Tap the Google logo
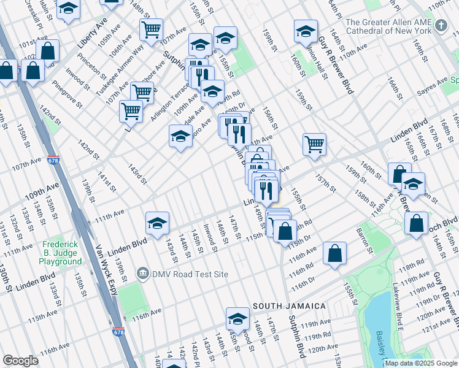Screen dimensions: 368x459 (20, 361)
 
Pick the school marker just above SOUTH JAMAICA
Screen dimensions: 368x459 (237, 318)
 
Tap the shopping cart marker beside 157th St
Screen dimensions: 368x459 (314, 144)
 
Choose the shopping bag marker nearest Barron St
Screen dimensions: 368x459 (334, 254)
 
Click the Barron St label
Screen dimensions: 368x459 (363, 240)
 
